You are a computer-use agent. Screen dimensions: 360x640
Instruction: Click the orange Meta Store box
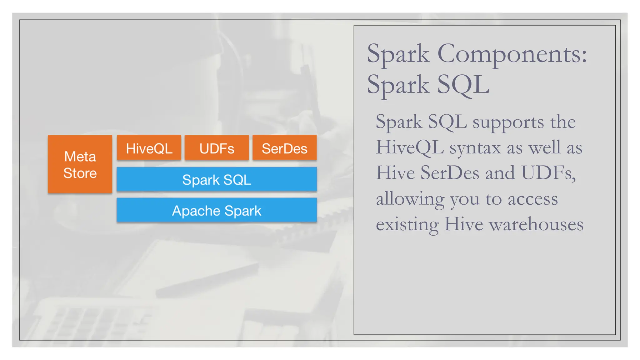[80, 164]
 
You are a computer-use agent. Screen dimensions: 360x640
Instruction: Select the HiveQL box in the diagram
[149, 148]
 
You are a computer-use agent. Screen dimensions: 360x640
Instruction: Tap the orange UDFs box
[217, 148]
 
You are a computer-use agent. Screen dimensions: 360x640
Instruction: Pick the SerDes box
[284, 148]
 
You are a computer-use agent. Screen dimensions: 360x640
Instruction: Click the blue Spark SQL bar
[217, 179]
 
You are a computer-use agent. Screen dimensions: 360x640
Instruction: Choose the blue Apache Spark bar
[217, 210]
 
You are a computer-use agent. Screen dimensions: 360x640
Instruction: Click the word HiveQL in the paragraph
[410, 147]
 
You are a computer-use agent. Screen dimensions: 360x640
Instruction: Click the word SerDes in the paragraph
[449, 173]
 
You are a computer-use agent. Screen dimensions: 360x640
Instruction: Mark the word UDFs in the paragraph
[548, 173]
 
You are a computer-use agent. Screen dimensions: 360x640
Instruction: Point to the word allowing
[410, 199]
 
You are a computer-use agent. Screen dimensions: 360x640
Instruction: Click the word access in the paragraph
[532, 199]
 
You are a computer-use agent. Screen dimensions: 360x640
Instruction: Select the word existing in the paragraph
[407, 225]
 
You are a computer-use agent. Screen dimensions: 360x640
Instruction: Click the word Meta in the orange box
[80, 156]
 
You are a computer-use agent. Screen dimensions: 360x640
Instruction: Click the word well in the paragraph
[542, 147]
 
